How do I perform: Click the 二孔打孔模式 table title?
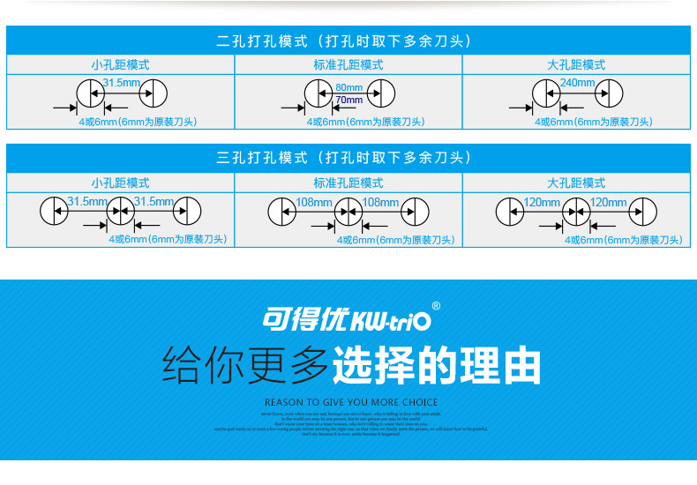pos(348,41)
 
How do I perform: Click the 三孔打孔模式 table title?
pos(348,158)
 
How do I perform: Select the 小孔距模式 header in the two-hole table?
pos(120,65)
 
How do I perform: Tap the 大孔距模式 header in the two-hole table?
pos(576,65)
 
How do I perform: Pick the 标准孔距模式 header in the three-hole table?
pos(348,183)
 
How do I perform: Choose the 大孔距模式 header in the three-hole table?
pos(576,183)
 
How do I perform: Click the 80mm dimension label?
pos(348,87)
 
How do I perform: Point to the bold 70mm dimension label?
pos(348,100)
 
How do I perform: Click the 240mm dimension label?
pos(577,83)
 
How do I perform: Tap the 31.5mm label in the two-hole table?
pos(121,83)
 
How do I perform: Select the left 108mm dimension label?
pos(313,203)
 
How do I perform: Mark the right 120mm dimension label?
pos(609,203)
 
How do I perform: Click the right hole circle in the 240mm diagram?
pos(609,92)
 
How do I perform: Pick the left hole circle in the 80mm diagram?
pos(318,92)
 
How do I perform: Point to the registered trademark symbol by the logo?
pos(436,307)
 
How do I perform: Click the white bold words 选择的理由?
pos(436,365)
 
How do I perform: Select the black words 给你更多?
pos(245,365)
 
